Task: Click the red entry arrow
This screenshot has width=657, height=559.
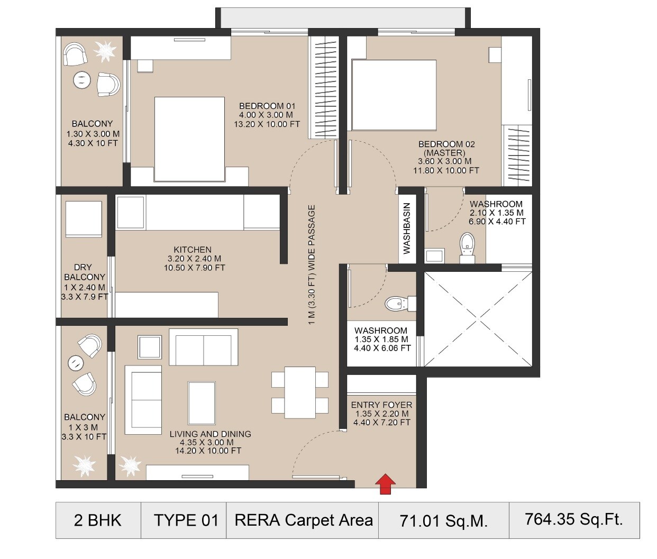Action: tap(386, 483)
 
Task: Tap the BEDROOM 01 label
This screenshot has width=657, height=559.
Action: tap(267, 106)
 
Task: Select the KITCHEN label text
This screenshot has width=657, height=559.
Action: tap(193, 250)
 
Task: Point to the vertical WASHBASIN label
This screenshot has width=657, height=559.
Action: tap(407, 228)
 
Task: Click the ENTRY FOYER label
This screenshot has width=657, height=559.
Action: tap(381, 405)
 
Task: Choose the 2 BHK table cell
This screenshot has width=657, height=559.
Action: tap(98, 520)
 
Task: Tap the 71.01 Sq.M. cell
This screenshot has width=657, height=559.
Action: tap(443, 520)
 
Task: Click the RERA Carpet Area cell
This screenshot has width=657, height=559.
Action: tap(303, 520)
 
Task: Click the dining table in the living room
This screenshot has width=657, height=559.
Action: tap(300, 392)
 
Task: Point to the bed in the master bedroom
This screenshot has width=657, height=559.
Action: tap(394, 95)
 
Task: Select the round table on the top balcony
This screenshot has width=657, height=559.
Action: tap(81, 79)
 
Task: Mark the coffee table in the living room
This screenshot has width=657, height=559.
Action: tap(202, 403)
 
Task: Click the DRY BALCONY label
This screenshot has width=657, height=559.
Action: tap(84, 272)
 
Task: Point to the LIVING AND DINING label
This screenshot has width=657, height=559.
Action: tap(210, 434)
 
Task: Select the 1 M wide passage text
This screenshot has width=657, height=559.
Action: tap(312, 264)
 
